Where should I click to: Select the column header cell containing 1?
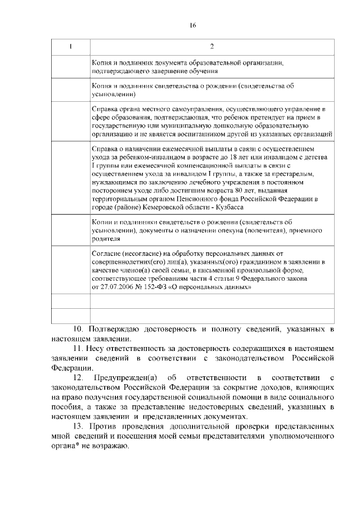70,46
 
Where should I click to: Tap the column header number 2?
211,46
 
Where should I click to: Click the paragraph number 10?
79,328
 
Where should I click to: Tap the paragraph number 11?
79,348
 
